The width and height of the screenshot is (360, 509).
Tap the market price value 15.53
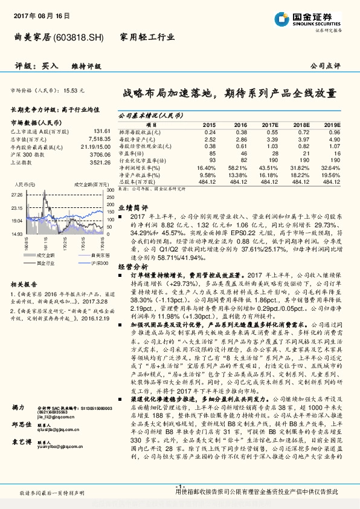(x=72, y=89)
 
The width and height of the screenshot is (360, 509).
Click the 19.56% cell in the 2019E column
(x=331, y=174)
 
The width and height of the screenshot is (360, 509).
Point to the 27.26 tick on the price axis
(x=16, y=195)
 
